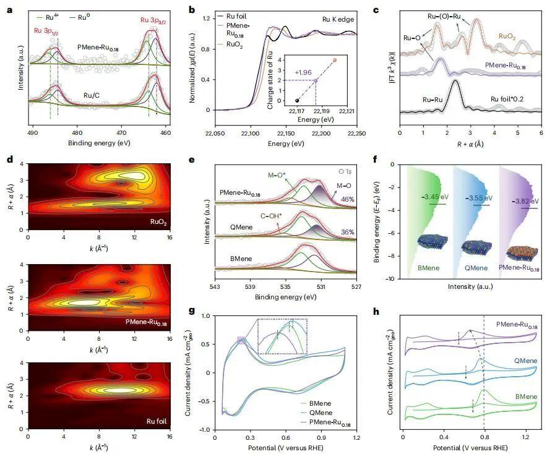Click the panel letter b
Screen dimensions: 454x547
(x=192, y=10)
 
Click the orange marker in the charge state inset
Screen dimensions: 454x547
(x=335, y=60)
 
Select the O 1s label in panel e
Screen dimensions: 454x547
(x=346, y=169)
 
